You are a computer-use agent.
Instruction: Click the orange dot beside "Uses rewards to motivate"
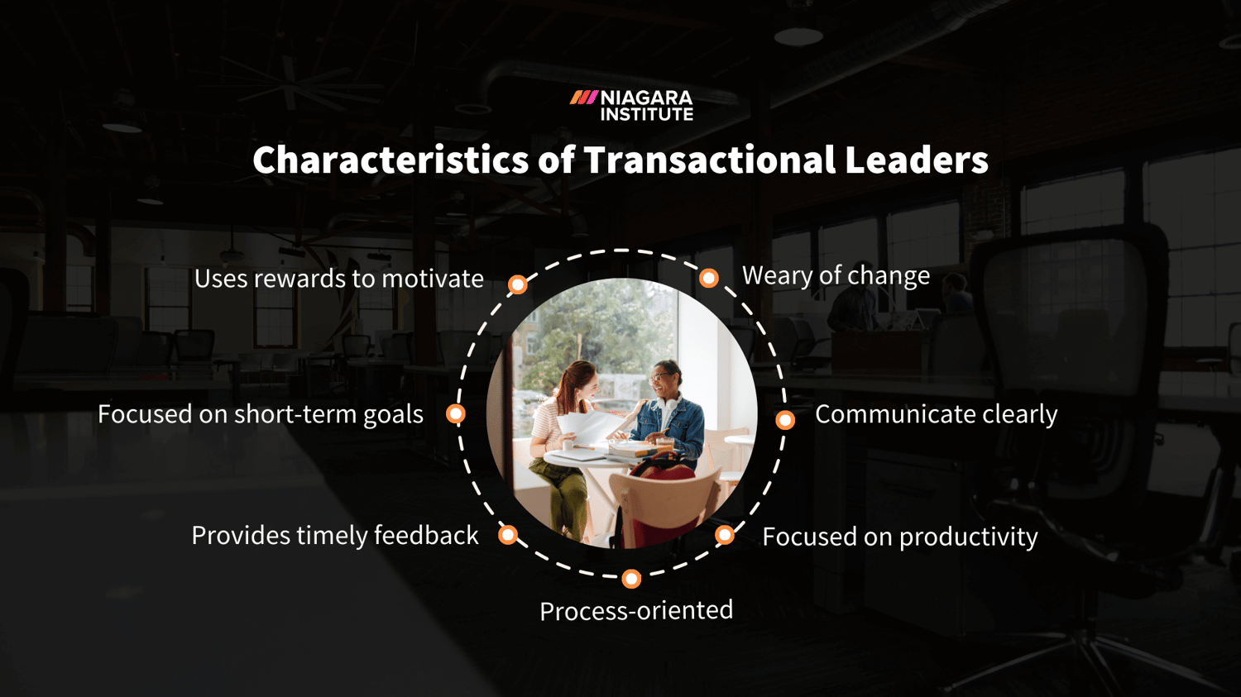(x=518, y=285)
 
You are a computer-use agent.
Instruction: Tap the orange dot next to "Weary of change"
(x=709, y=278)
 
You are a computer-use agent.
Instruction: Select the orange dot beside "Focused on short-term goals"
(x=456, y=414)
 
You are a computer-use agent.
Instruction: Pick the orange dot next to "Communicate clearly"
(x=785, y=420)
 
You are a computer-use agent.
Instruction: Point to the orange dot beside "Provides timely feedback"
(x=508, y=535)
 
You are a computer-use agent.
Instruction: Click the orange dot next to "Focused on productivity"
(x=725, y=535)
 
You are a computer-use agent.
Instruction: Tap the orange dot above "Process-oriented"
(x=631, y=579)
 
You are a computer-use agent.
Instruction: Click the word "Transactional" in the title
(x=709, y=160)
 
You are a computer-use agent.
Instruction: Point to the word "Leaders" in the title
(x=916, y=160)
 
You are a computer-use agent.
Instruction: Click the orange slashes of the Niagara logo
(x=583, y=98)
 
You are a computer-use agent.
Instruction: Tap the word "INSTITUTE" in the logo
(x=647, y=115)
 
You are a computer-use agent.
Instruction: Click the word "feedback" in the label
(x=426, y=535)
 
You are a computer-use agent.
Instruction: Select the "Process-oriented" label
(x=636, y=610)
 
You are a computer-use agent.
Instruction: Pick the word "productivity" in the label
(x=968, y=537)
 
